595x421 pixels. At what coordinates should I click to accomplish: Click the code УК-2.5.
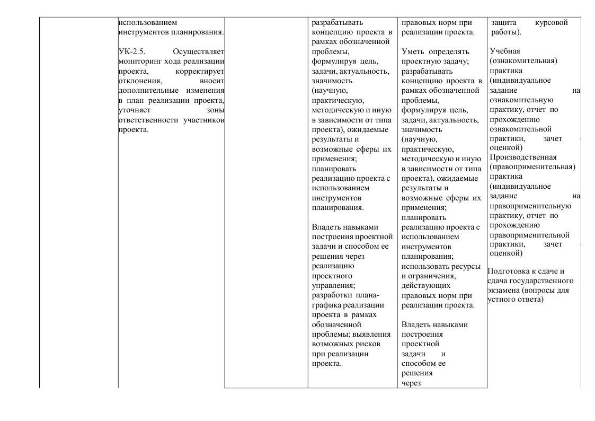130,52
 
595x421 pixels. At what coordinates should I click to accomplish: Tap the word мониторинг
139,62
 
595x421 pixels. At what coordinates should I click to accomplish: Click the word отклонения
139,81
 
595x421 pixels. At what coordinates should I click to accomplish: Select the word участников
204,120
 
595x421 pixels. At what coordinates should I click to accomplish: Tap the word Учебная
505,51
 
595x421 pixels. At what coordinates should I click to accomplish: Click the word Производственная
523,157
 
